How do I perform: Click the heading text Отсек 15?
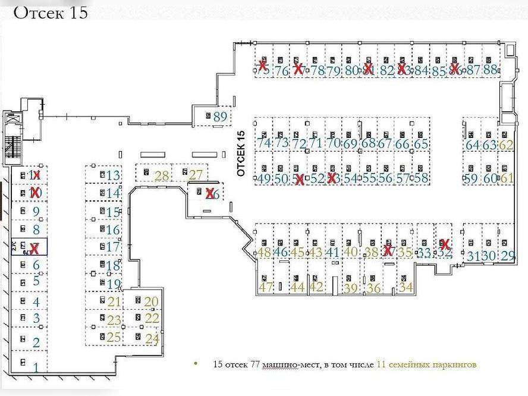(x=50, y=12)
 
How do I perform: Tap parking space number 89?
(x=220, y=117)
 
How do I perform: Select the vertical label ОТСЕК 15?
(x=241, y=153)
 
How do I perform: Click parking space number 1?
(x=36, y=367)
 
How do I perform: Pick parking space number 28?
(x=161, y=175)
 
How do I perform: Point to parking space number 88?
(x=490, y=70)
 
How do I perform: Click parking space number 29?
(x=508, y=256)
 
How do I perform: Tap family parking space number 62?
(x=507, y=144)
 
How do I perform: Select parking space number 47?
(x=265, y=288)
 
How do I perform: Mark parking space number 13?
(x=113, y=175)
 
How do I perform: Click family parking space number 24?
(x=152, y=340)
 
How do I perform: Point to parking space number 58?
(x=422, y=178)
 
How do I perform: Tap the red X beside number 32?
(x=444, y=244)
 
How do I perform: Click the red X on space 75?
(x=262, y=65)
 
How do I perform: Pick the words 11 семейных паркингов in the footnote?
(x=426, y=364)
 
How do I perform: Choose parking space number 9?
(x=36, y=212)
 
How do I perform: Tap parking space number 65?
(x=421, y=144)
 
